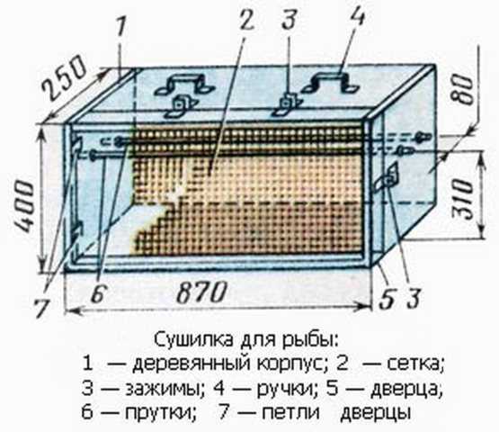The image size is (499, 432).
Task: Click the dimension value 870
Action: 201,292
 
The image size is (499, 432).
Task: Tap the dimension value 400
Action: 24,206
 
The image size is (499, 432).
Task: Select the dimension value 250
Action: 65,76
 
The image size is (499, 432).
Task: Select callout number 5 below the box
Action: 386,299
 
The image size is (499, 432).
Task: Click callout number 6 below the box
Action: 98,293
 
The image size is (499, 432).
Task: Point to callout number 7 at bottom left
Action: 42,308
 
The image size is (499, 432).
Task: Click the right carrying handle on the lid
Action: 330,83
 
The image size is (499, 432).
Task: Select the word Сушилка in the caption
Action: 194,340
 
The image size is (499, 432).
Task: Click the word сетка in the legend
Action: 415,364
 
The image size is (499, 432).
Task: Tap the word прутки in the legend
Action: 160,413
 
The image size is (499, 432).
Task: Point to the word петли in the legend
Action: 291,412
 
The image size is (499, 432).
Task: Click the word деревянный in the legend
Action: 192,364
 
